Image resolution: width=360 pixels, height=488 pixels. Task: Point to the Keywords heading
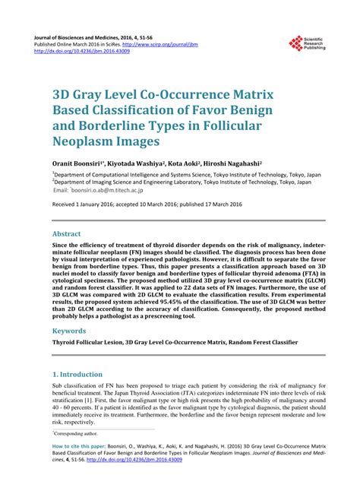click(69, 331)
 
